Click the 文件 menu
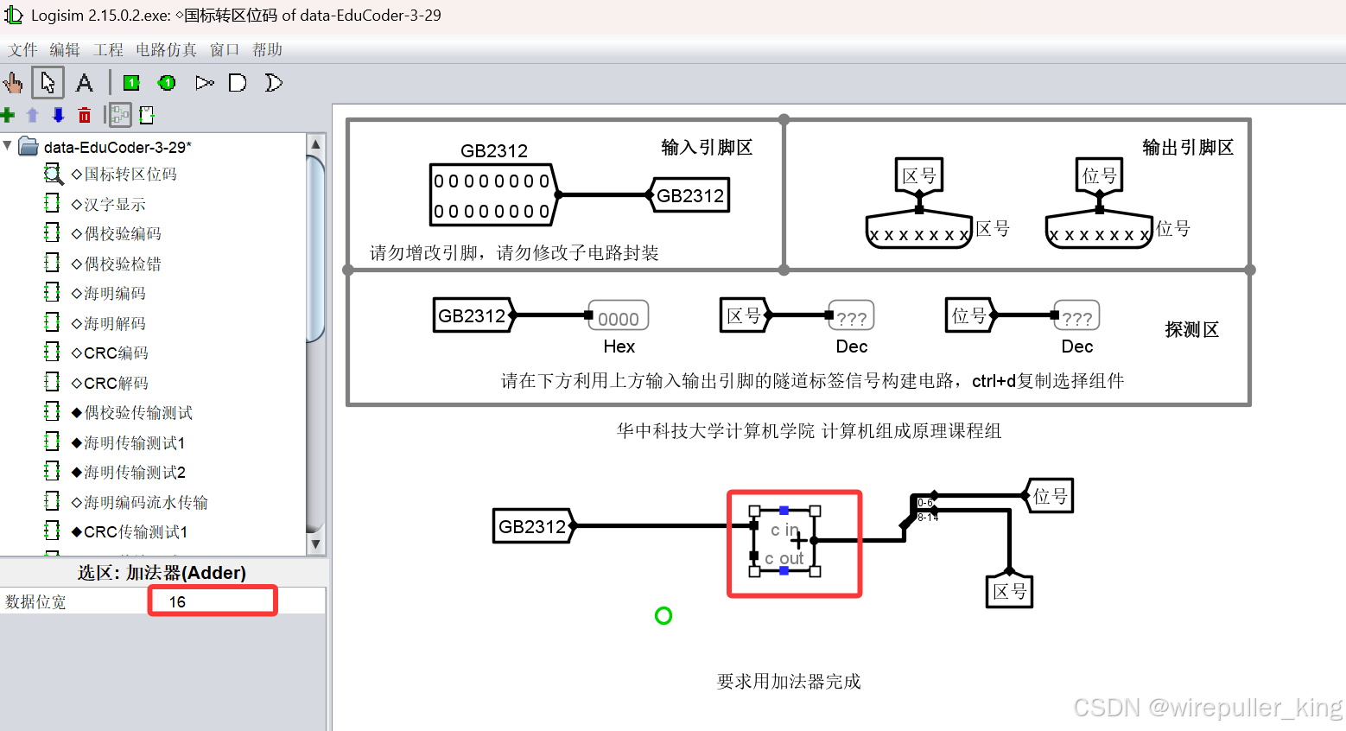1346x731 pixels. click(x=22, y=50)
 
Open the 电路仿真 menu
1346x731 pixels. click(x=166, y=50)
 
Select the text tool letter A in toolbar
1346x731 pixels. click(x=84, y=83)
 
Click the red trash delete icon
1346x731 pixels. click(x=84, y=115)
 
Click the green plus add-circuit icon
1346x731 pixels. click(x=9, y=115)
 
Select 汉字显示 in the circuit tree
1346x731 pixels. click(x=115, y=205)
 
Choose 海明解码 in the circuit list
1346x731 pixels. click(x=115, y=324)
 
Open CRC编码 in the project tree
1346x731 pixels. click(x=116, y=353)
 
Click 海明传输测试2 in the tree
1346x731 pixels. click(x=134, y=473)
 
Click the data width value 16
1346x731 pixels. click(x=178, y=601)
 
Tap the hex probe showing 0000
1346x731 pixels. click(x=618, y=318)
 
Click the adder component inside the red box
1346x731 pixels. click(x=785, y=542)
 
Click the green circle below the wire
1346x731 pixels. click(x=663, y=616)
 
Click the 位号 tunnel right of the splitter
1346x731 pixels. click(x=1051, y=496)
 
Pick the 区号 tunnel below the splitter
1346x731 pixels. click(x=1009, y=592)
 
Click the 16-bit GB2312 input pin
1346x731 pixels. click(x=492, y=196)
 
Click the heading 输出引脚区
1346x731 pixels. click(x=1188, y=148)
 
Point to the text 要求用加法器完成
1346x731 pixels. click(x=789, y=682)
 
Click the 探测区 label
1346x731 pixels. click(x=1191, y=330)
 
